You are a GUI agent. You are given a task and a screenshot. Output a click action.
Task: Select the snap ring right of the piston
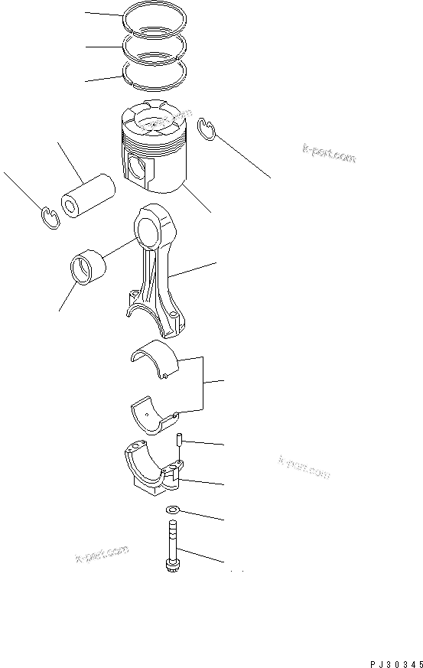(206, 129)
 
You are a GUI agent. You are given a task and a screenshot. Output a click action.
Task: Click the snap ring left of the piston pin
(47, 217)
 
